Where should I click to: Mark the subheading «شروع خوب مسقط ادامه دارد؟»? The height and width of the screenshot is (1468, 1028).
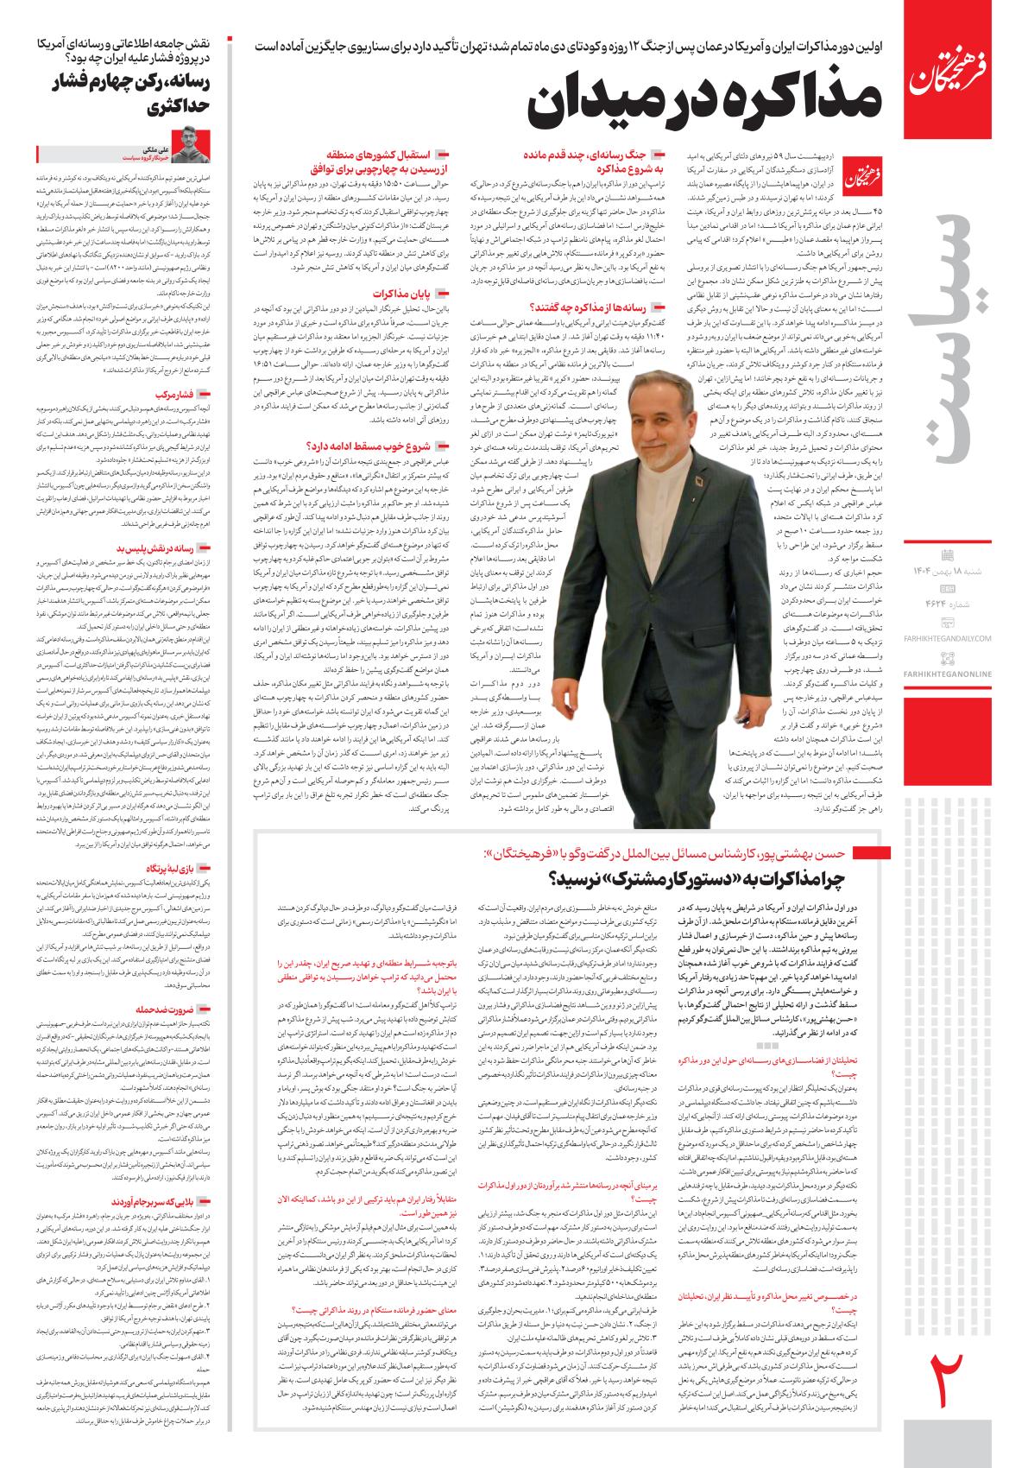(381, 446)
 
